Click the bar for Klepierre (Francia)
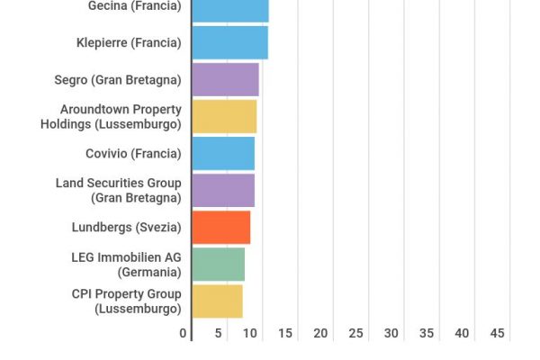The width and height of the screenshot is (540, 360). [x=229, y=42]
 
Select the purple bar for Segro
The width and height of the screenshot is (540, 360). [x=225, y=79]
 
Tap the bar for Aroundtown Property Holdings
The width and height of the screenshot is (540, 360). [x=224, y=116]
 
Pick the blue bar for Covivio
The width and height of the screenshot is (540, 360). [x=223, y=153]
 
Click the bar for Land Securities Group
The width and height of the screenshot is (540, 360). [x=223, y=190]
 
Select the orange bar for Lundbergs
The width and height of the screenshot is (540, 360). [x=221, y=227]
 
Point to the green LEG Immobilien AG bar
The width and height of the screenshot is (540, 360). [x=218, y=264]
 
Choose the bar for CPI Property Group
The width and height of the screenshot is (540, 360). [x=217, y=301]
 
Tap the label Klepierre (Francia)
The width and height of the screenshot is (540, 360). [x=129, y=42]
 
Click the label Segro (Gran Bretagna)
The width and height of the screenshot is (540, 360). [x=117, y=79]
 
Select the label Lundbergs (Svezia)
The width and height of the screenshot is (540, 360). [x=126, y=227]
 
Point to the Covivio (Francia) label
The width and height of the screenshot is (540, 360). [x=133, y=153]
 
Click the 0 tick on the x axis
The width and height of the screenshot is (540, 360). [x=184, y=333]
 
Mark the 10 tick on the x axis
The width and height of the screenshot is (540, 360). [x=249, y=333]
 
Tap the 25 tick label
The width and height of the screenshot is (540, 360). [x=355, y=333]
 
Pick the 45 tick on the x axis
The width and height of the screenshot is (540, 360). [x=497, y=333]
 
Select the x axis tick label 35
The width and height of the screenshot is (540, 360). [x=427, y=333]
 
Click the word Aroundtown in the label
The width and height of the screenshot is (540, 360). [x=93, y=109]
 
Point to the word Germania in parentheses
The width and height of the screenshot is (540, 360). [x=149, y=271]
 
